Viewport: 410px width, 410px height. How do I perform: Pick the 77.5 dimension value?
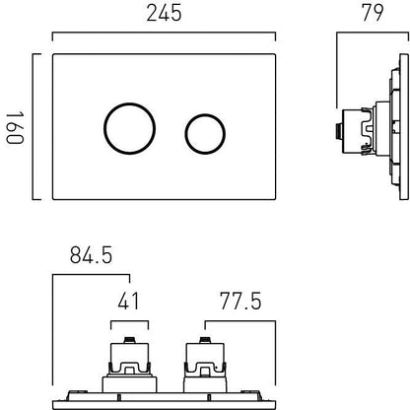[x=240, y=301]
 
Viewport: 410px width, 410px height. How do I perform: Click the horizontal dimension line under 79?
[x=370, y=37]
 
